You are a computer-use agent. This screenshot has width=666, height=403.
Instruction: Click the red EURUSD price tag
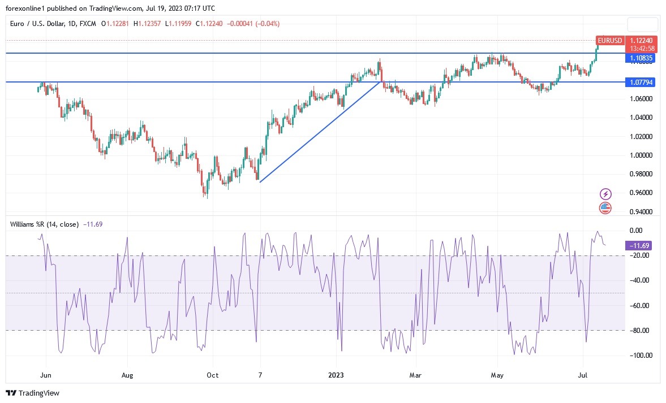coord(610,41)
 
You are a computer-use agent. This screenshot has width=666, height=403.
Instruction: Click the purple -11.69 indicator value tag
coord(641,245)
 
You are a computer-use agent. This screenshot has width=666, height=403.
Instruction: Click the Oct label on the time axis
coord(212,375)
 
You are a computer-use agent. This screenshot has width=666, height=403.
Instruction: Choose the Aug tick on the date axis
coord(127,375)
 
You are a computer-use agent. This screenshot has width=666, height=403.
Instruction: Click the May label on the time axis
coord(497,375)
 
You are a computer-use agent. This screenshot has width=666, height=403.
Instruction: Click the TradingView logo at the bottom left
coord(33,393)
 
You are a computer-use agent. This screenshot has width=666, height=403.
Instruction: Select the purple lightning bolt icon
coord(605,194)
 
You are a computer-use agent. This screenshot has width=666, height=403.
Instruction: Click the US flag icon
coord(605,207)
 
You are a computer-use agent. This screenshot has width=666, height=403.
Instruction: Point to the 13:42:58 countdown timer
coord(643,48)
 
